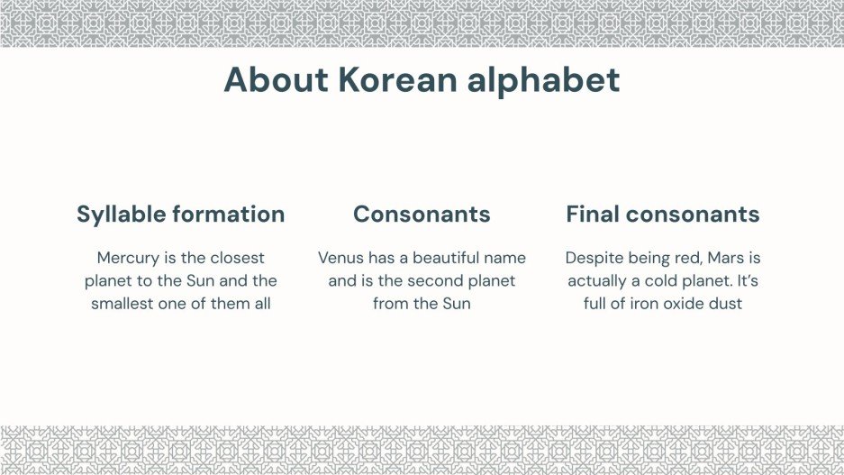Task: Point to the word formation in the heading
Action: coord(229,215)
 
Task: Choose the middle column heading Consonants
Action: coord(422,215)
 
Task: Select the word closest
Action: coord(234,258)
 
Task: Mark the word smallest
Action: coord(123,304)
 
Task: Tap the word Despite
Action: coord(594,258)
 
